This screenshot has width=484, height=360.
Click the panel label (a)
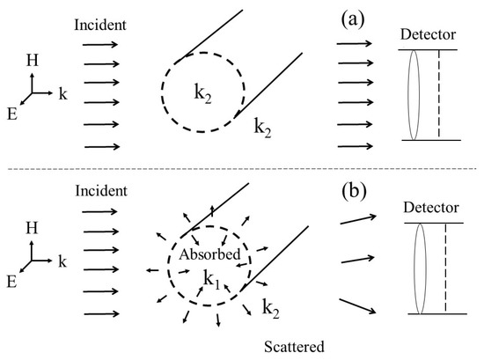[x=353, y=20]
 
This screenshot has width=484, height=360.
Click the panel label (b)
[x=354, y=191]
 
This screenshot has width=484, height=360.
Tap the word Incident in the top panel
[x=100, y=25]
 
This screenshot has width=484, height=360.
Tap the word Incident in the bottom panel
[x=101, y=191]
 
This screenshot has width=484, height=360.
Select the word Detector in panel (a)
[x=429, y=34]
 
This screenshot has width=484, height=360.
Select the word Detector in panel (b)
[x=431, y=208]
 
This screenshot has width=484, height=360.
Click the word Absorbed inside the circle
[x=209, y=254]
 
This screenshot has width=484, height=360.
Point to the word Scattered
[x=294, y=347]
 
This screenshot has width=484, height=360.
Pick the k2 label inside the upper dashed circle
[x=202, y=93]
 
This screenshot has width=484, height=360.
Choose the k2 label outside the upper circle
[x=262, y=128]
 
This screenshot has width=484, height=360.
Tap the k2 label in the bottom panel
[x=271, y=309]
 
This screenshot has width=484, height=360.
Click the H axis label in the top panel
[x=32, y=60]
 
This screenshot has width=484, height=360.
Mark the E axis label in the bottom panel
[x=11, y=282]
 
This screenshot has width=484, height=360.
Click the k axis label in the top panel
[x=63, y=93]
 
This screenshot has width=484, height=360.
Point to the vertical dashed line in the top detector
[x=439, y=93]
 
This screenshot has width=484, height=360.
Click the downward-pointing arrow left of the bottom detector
[x=358, y=306]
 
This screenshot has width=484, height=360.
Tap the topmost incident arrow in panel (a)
[x=100, y=45]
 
